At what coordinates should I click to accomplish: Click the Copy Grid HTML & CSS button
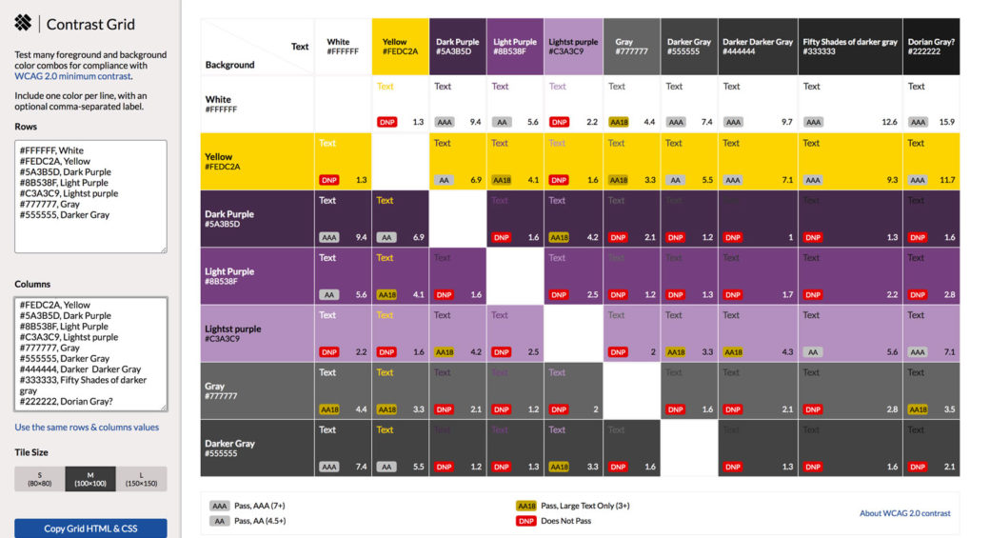pyautogui.click(x=90, y=528)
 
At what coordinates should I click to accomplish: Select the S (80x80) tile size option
pyautogui.click(x=39, y=479)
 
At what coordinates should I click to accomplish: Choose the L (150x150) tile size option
pyautogui.click(x=141, y=479)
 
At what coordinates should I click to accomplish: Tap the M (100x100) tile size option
pyautogui.click(x=90, y=479)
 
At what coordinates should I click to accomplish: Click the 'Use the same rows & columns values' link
pyautogui.click(x=87, y=428)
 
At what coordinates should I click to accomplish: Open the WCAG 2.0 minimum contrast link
pyautogui.click(x=72, y=76)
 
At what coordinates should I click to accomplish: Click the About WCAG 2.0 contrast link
pyautogui.click(x=904, y=513)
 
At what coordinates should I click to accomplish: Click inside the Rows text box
pyautogui.click(x=90, y=196)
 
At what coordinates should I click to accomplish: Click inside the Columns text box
pyautogui.click(x=90, y=353)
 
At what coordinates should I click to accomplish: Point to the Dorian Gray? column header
pyautogui.click(x=931, y=47)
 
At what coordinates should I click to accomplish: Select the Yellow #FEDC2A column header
pyautogui.click(x=400, y=47)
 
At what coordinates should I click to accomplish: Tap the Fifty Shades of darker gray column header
pyautogui.click(x=850, y=47)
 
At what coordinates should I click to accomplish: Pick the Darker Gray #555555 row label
pyautogui.click(x=228, y=448)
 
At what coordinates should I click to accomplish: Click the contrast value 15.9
pyautogui.click(x=946, y=122)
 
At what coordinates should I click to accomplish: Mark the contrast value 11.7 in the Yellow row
pyautogui.click(x=946, y=180)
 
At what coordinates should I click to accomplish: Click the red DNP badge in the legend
pyautogui.click(x=525, y=521)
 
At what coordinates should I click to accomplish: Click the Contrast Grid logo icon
pyautogui.click(x=23, y=23)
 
